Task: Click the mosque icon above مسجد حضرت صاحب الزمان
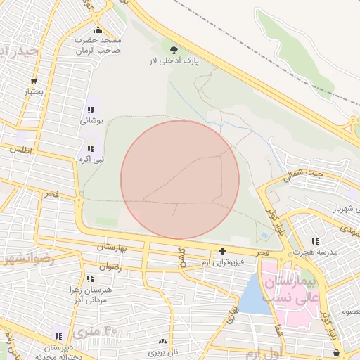tap(98, 30)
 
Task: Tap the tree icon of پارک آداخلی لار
tap(174, 49)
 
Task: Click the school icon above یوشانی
tap(91, 110)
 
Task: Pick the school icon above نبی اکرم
tap(91, 148)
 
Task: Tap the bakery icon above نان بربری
tap(164, 340)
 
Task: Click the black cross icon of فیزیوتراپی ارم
tap(223, 251)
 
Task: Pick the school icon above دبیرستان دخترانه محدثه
tap(58, 336)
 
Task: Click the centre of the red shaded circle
tap(180, 179)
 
